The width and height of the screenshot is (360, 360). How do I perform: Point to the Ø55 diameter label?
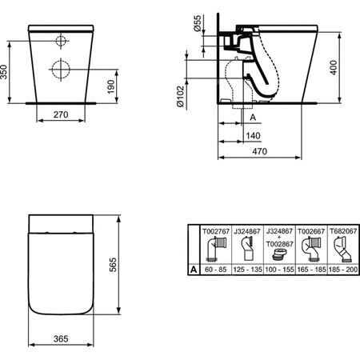coord(198,26)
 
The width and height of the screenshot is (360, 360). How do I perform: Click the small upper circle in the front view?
coord(60,41)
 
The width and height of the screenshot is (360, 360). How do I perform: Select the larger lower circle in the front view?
coord(61,69)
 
